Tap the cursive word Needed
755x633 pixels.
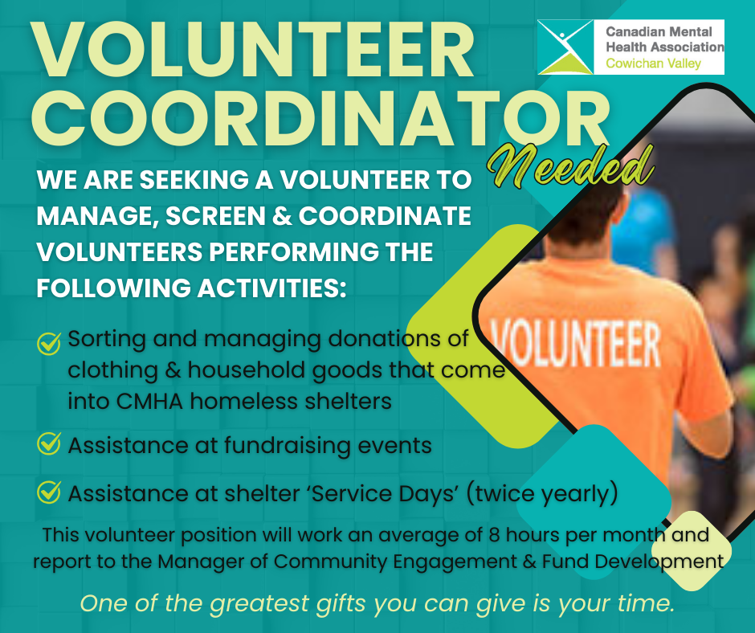(x=570, y=167)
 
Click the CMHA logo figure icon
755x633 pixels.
(x=565, y=47)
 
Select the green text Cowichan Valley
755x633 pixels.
(x=654, y=63)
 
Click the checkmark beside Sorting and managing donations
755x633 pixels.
(x=49, y=344)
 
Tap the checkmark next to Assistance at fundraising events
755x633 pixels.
(x=49, y=443)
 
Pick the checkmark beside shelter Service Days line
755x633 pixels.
(x=49, y=492)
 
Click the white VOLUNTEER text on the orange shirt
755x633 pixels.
(x=575, y=344)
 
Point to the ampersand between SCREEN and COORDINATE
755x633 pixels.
(x=282, y=216)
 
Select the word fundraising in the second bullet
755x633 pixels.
(x=287, y=446)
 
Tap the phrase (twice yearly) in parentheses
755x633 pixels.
(x=542, y=494)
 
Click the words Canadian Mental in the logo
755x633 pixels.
(x=659, y=32)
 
